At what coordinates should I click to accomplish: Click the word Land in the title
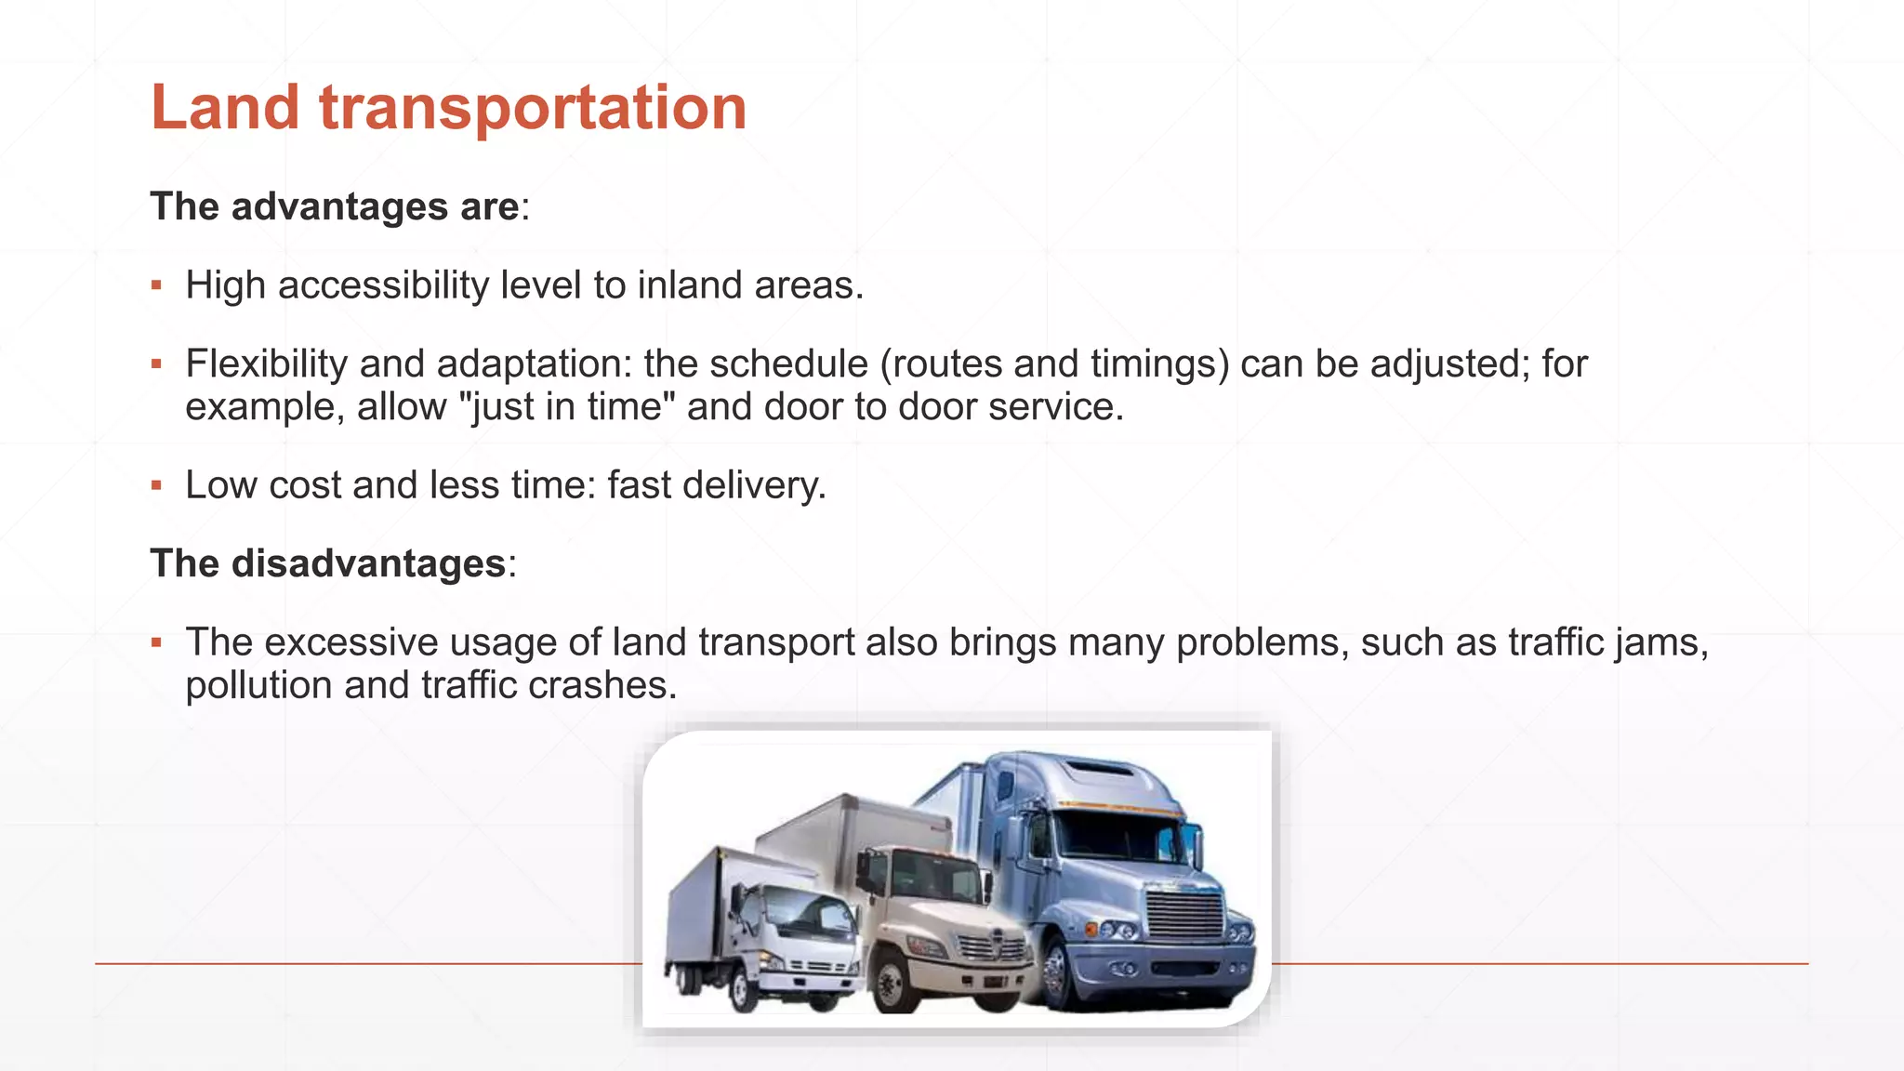tap(225, 108)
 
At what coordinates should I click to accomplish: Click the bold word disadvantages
tap(368, 563)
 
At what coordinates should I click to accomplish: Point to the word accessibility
tap(383, 285)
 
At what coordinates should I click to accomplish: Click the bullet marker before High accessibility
tap(156, 285)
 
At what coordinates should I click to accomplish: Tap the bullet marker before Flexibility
tap(156, 364)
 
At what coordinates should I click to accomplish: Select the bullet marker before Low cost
tap(156, 485)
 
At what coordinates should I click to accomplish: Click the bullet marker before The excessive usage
tap(156, 642)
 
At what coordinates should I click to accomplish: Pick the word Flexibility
tap(267, 364)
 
